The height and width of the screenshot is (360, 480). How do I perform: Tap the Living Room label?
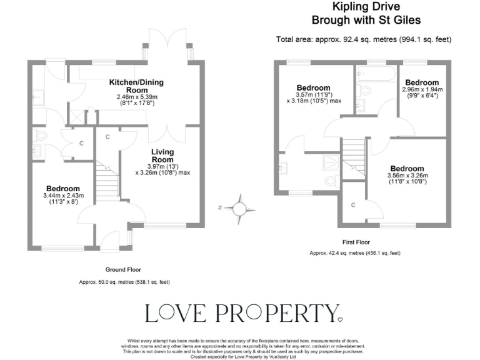162,156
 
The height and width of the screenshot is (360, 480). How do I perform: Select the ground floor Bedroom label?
62,189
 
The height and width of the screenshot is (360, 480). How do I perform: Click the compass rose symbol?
238,207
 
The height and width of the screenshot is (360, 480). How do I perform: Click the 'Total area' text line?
363,39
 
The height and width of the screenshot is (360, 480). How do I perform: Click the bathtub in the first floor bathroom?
376,76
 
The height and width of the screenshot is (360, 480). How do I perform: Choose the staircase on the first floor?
354,156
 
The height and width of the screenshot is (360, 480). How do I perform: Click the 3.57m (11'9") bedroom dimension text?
314,94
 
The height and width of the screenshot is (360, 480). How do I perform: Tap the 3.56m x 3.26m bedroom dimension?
407,176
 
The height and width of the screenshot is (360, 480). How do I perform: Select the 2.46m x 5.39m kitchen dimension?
137,97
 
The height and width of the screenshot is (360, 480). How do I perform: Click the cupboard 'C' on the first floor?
353,205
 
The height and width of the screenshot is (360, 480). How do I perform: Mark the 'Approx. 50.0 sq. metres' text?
124,282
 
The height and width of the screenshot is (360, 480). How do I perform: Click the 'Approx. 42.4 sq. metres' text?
355,253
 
